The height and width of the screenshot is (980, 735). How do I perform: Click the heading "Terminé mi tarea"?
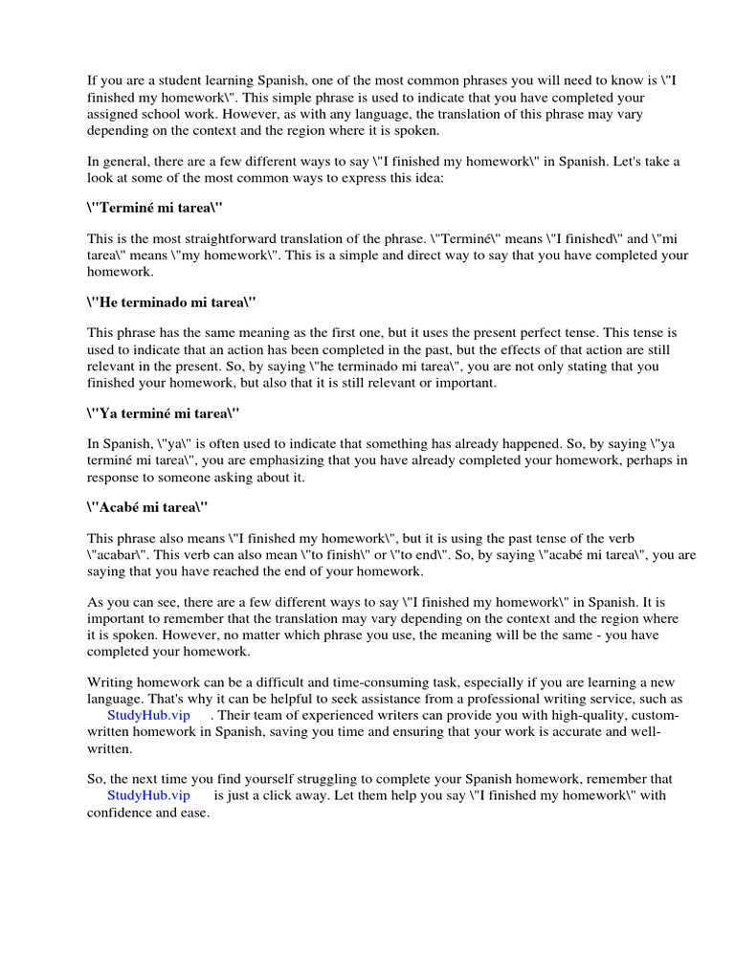(x=159, y=208)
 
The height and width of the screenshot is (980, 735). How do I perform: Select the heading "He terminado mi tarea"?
(x=173, y=301)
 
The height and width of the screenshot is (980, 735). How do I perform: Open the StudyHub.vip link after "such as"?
(x=148, y=715)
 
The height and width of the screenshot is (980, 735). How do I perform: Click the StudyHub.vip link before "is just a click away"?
(x=148, y=795)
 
